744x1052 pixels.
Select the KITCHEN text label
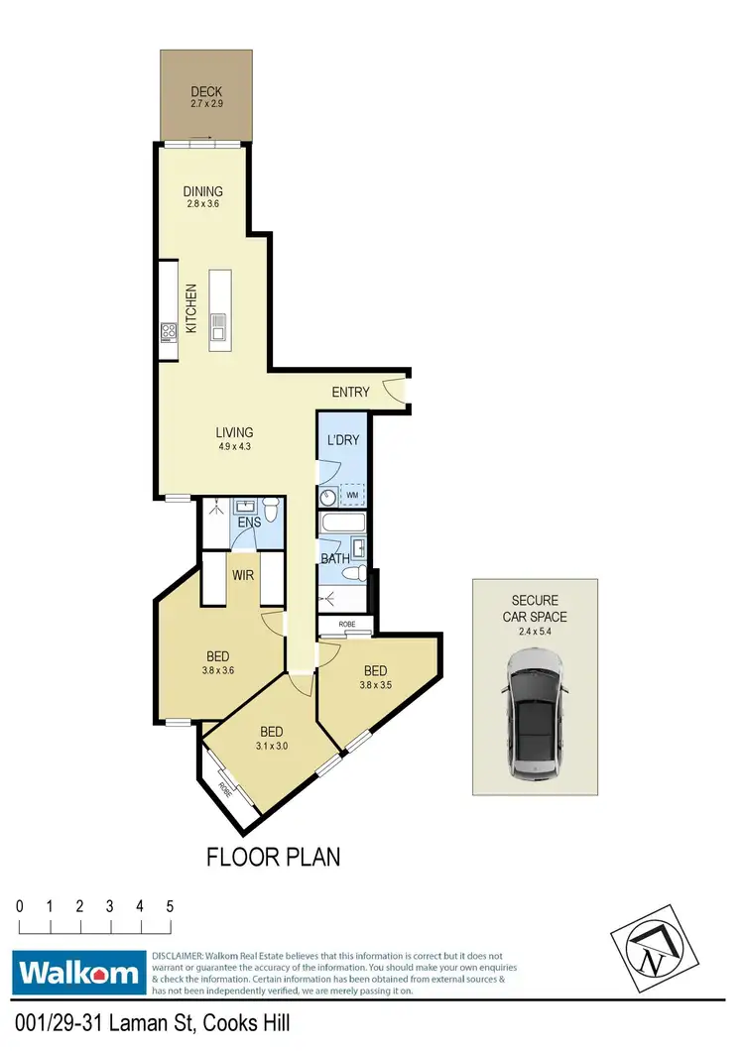coord(190,308)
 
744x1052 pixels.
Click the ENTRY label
coord(350,392)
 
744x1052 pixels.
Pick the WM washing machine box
coord(352,494)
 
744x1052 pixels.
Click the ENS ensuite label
coord(248,522)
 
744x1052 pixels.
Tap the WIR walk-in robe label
coord(244,575)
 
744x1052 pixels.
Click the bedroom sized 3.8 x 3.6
coord(218,661)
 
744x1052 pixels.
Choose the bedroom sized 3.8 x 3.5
coord(374,675)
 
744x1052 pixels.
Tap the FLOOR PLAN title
coord(273,856)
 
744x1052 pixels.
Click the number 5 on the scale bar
coord(171,906)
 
